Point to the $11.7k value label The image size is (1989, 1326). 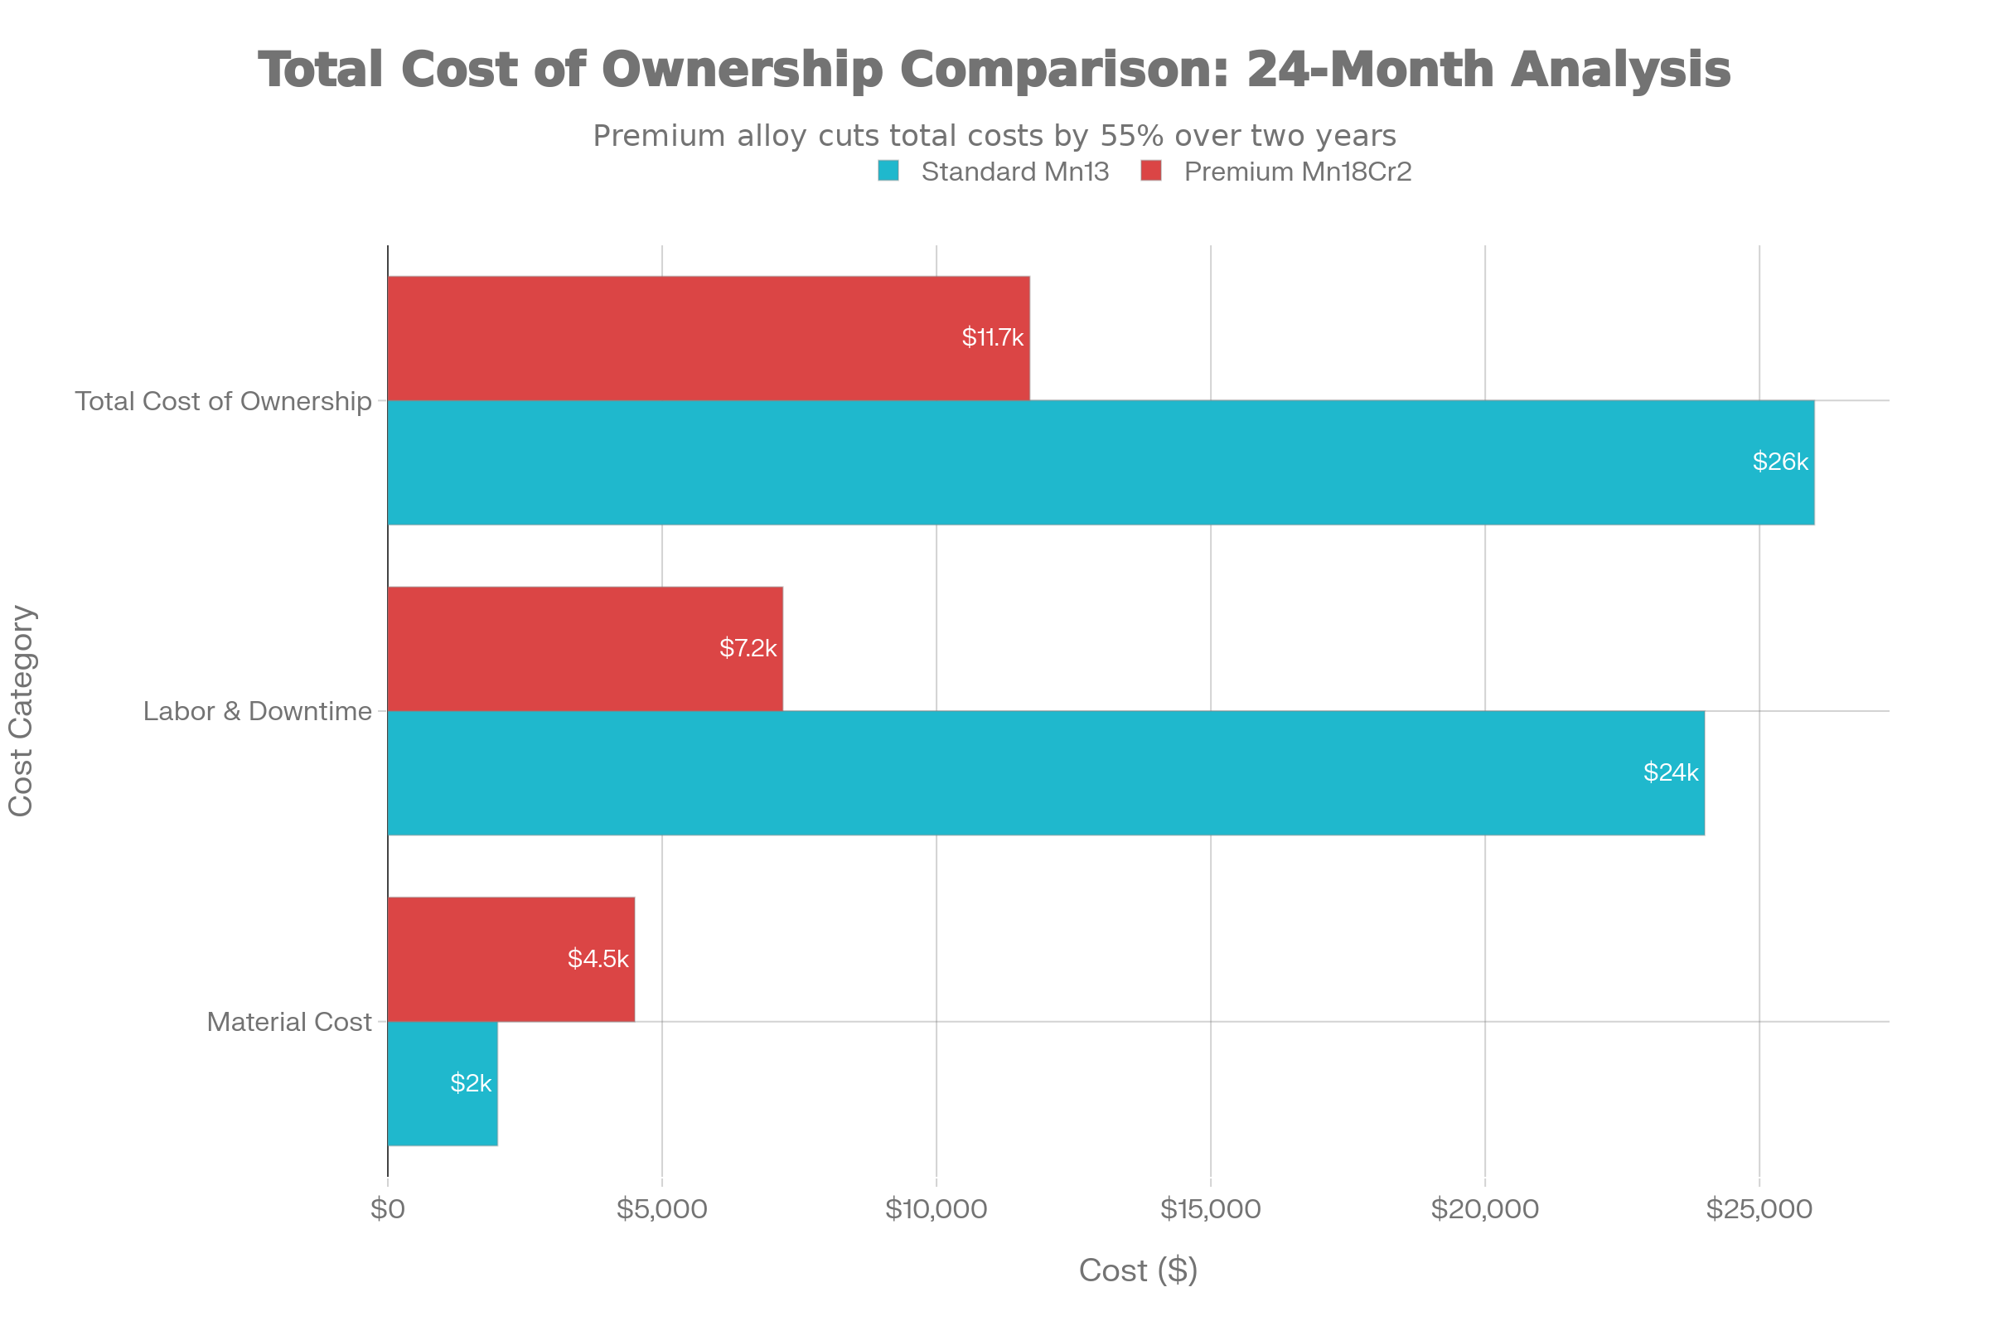992,338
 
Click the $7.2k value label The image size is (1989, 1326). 748,649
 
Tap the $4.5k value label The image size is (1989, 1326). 598,959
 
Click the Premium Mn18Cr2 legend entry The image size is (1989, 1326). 1296,172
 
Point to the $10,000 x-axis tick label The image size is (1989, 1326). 936,1209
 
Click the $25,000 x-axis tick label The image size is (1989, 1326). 1759,1209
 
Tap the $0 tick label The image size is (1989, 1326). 388,1209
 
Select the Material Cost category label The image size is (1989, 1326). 289,1022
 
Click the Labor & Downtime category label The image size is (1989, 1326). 257,711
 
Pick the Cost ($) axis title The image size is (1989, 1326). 1138,1270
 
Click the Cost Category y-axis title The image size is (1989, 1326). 20,710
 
